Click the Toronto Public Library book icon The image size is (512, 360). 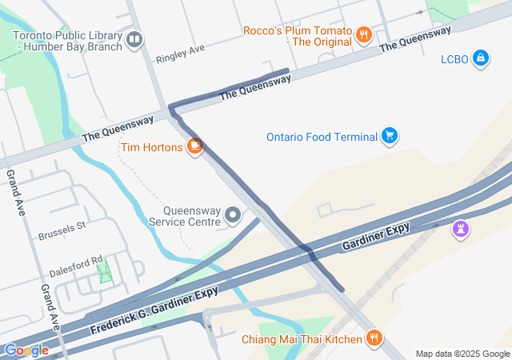click(134, 39)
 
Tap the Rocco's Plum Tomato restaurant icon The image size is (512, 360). click(364, 34)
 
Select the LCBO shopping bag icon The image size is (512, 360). click(480, 58)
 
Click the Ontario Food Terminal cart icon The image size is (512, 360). click(390, 136)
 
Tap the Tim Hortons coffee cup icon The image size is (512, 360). click(194, 146)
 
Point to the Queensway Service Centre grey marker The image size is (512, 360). click(233, 215)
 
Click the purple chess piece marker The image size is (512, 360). click(460, 230)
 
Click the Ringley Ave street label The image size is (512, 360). click(181, 53)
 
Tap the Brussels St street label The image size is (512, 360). click(62, 232)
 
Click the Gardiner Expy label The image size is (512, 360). click(376, 237)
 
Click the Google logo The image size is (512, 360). click(26, 350)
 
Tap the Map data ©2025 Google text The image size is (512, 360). click(462, 354)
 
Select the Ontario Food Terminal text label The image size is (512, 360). click(322, 137)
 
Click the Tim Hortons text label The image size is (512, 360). click(152, 147)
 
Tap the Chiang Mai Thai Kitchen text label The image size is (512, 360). click(302, 339)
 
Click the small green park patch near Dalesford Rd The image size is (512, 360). click(105, 271)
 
